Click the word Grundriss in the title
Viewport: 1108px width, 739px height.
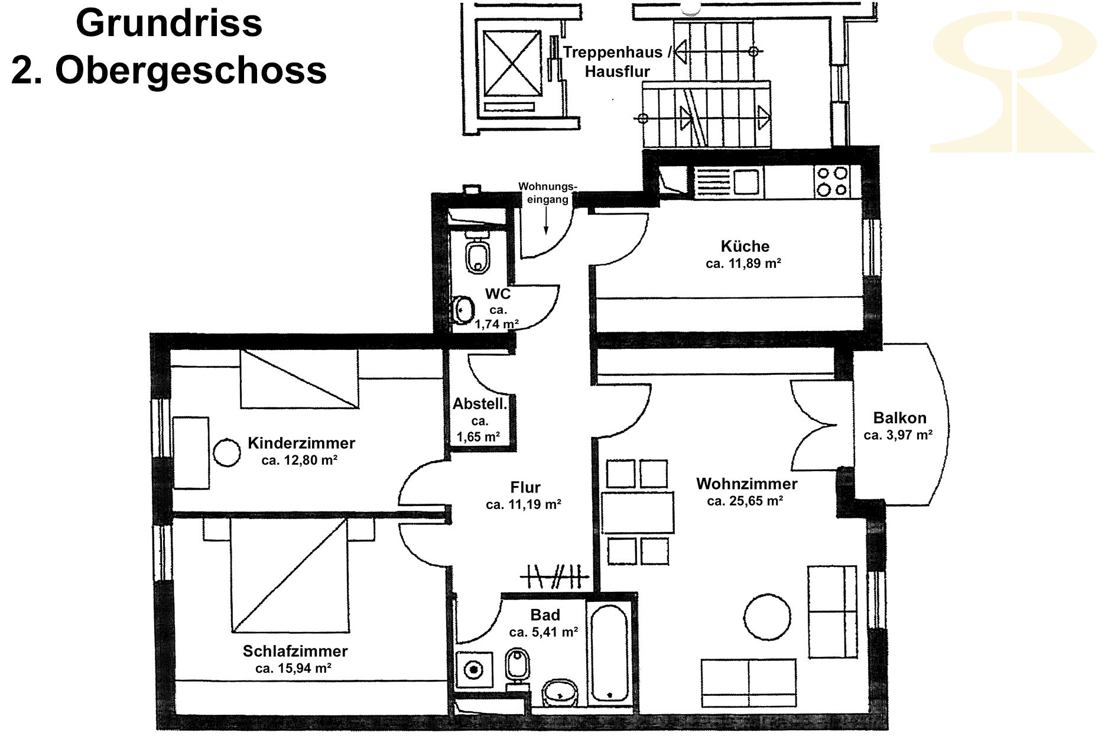(x=169, y=25)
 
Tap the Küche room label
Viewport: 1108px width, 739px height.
(x=745, y=247)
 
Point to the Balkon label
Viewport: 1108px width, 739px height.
(x=899, y=418)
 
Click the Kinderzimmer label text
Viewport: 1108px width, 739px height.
(x=301, y=443)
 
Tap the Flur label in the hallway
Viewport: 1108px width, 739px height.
(x=525, y=488)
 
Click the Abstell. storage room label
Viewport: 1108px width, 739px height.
(x=480, y=404)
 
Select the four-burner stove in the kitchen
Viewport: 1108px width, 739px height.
(x=831, y=181)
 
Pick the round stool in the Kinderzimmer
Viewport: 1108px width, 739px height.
(x=227, y=453)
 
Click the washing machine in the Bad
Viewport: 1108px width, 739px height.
(x=473, y=669)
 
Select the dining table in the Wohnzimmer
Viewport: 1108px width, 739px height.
(x=638, y=512)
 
